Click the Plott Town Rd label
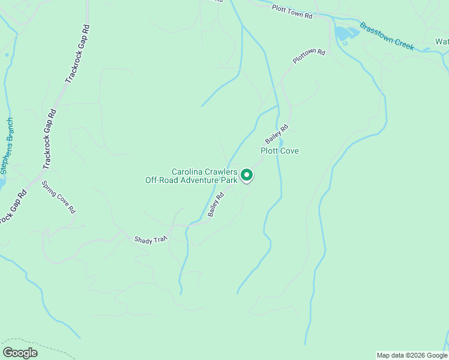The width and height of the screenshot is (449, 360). [292, 12]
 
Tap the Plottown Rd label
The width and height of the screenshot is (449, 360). [309, 56]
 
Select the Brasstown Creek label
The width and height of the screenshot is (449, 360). [387, 36]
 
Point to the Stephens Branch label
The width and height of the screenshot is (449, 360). [7, 146]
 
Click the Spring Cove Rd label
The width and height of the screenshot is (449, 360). [58, 197]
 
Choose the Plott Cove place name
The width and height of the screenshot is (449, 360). [279, 151]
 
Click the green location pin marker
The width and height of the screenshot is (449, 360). [247, 176]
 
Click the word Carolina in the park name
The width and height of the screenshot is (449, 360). [190, 171]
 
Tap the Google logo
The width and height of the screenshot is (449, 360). [20, 352]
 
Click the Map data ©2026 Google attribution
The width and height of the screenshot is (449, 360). [412, 355]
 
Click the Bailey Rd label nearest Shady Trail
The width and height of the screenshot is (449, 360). [216, 204]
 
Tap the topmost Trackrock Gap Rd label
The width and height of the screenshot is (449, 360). [77, 53]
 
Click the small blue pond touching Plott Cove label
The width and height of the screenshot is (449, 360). [281, 143]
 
